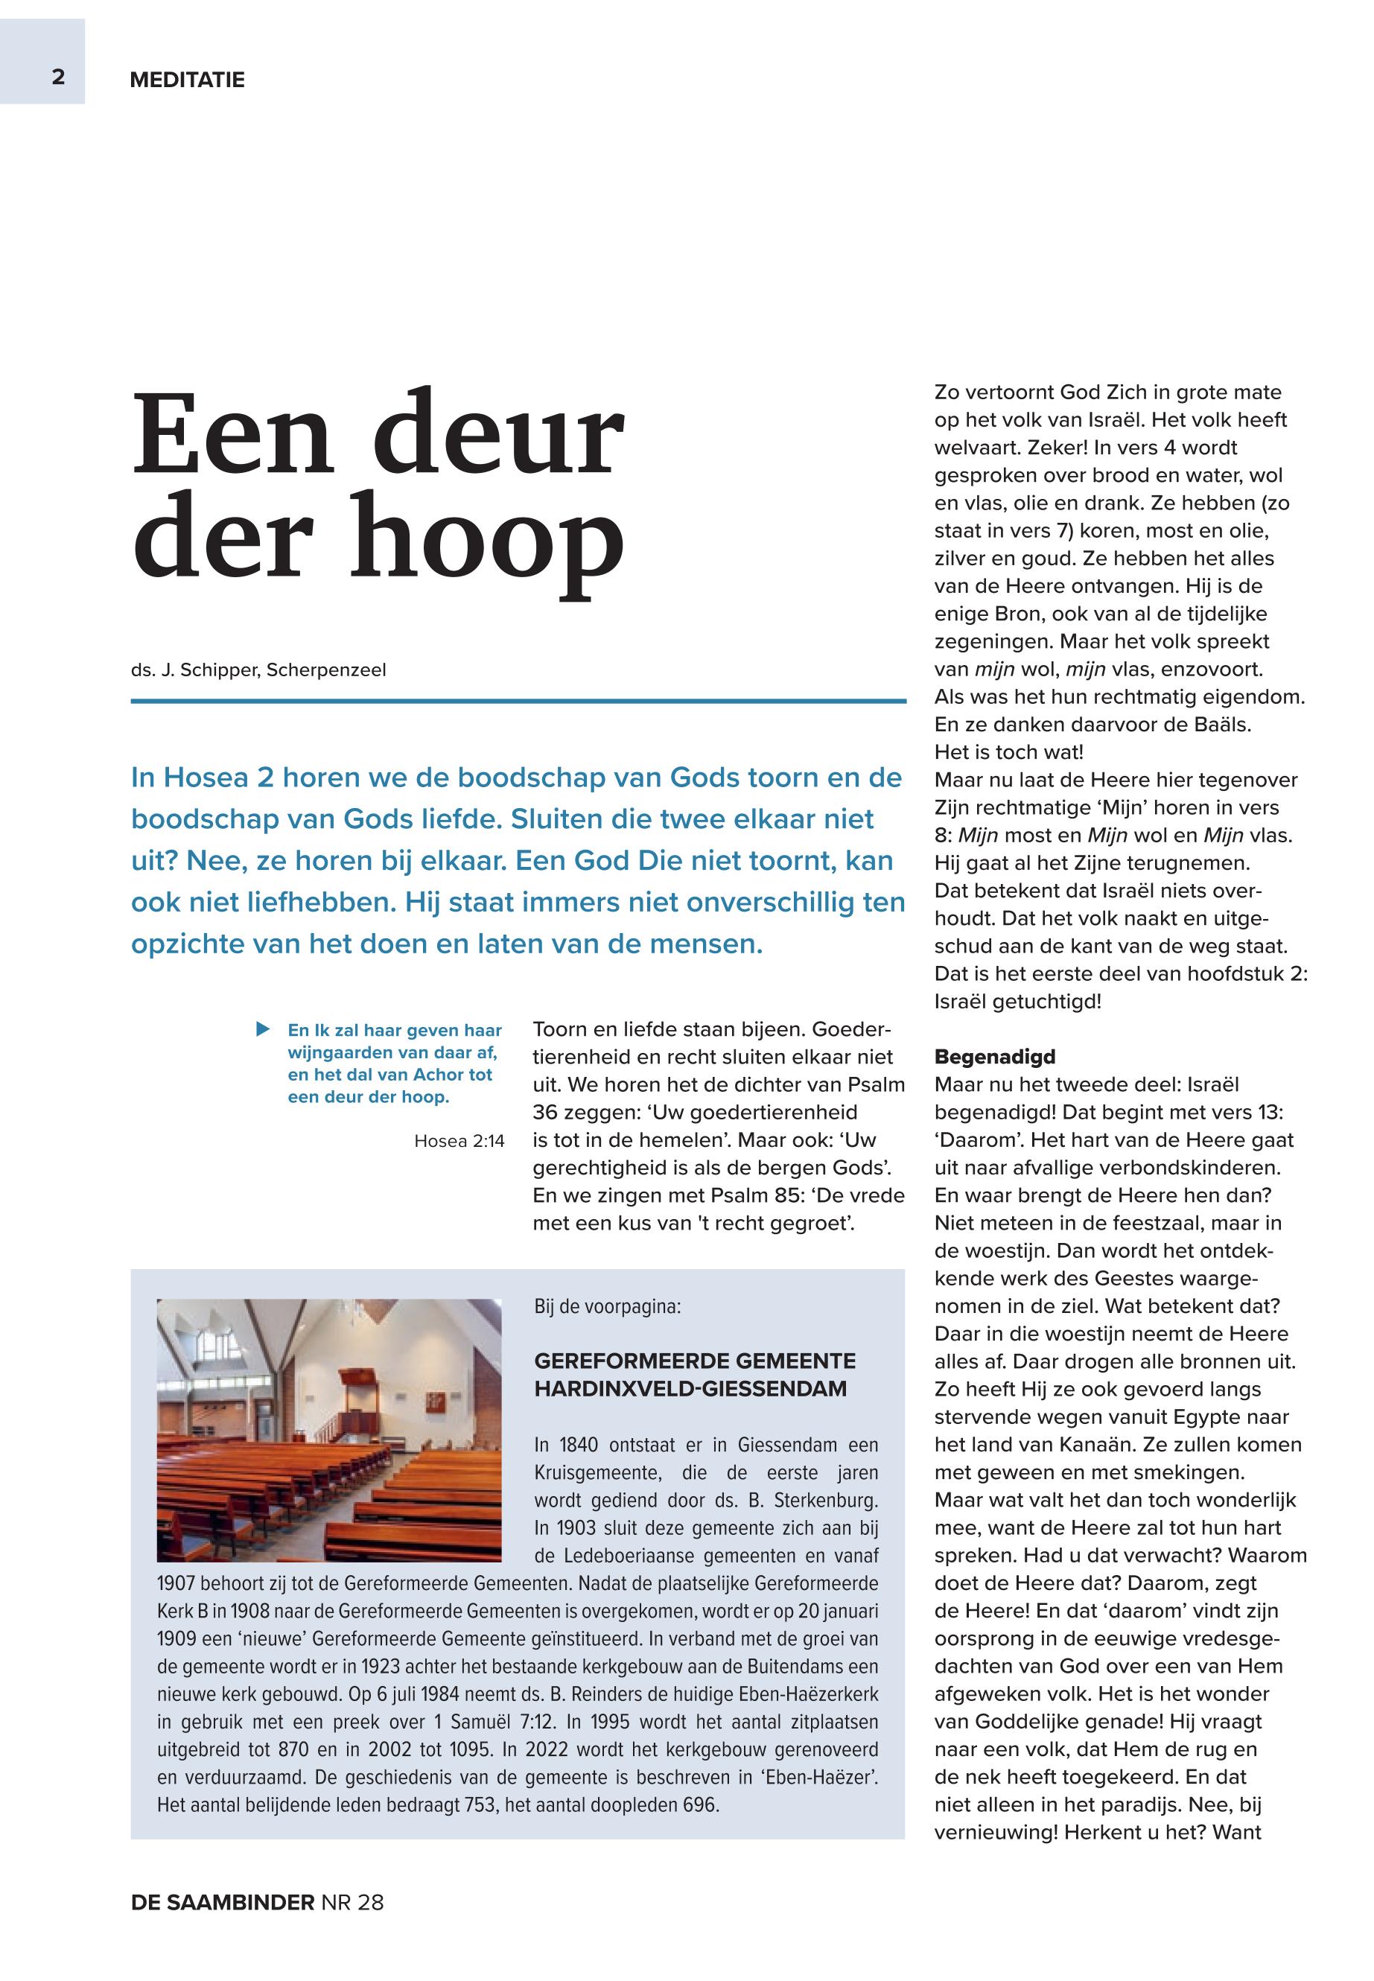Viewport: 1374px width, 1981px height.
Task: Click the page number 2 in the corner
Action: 57,77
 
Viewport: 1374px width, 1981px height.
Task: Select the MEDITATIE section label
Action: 187,80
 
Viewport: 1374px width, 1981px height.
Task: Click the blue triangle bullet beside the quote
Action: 263,1028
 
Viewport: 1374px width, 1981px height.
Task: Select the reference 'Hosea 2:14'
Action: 459,1142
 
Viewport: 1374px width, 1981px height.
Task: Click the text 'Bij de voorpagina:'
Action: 607,1307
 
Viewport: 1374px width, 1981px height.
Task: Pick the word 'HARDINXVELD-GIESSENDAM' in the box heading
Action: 690,1389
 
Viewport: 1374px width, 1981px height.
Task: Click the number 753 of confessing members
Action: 480,1804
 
